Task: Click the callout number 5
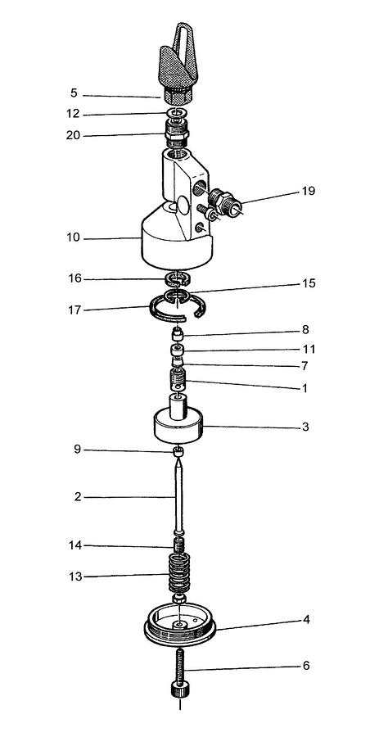(74, 93)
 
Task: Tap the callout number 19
(309, 192)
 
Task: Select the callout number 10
(74, 237)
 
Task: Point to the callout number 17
(74, 310)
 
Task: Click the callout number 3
(305, 427)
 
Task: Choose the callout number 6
(306, 666)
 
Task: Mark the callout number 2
(78, 497)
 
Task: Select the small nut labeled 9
(178, 452)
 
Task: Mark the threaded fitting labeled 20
(177, 132)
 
